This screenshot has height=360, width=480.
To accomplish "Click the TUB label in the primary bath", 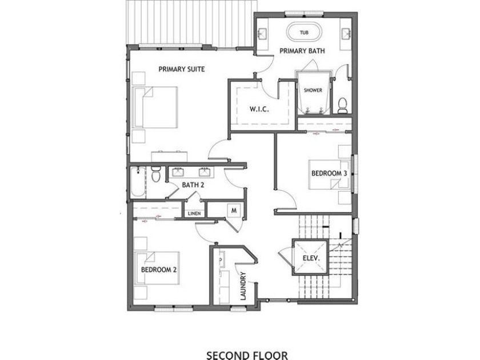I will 303,33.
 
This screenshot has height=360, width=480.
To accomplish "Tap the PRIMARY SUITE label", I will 182,69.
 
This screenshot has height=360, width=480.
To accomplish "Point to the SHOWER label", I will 313,90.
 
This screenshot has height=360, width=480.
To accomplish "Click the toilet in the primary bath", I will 343,105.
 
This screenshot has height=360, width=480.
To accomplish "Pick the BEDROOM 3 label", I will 329,173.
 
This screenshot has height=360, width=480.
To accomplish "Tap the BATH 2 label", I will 193,185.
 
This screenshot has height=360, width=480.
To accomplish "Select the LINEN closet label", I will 194,214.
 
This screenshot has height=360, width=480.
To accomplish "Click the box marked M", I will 234,210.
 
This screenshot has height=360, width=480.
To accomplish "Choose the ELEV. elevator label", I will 311,258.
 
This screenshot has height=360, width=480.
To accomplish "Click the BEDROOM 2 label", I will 158,270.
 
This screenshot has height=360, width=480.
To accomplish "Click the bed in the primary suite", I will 155,107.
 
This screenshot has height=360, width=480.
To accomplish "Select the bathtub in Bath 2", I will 138,182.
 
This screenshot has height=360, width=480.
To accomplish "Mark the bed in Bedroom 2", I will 158,267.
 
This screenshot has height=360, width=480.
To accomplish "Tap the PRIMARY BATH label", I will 302,51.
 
